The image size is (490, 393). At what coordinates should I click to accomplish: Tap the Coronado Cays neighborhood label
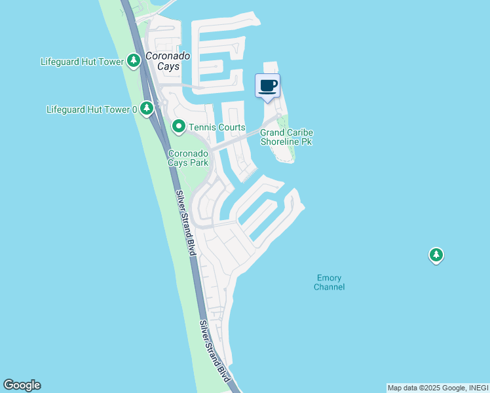[x=168, y=61]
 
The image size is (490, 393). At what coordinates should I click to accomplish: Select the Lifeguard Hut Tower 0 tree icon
[x=148, y=108]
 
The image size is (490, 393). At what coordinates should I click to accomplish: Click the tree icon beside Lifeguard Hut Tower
[x=134, y=62]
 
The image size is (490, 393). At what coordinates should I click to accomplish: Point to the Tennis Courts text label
[x=217, y=127]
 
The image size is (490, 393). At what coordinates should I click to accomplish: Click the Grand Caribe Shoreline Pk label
[x=287, y=137]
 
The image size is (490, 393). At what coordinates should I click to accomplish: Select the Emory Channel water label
[x=329, y=282]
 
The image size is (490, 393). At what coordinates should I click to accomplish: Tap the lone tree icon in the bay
[x=436, y=255]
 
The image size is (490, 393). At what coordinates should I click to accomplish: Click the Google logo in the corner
[x=22, y=385]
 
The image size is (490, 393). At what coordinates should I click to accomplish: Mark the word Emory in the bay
[x=329, y=278]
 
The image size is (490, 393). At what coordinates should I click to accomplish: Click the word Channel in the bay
[x=329, y=288]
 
